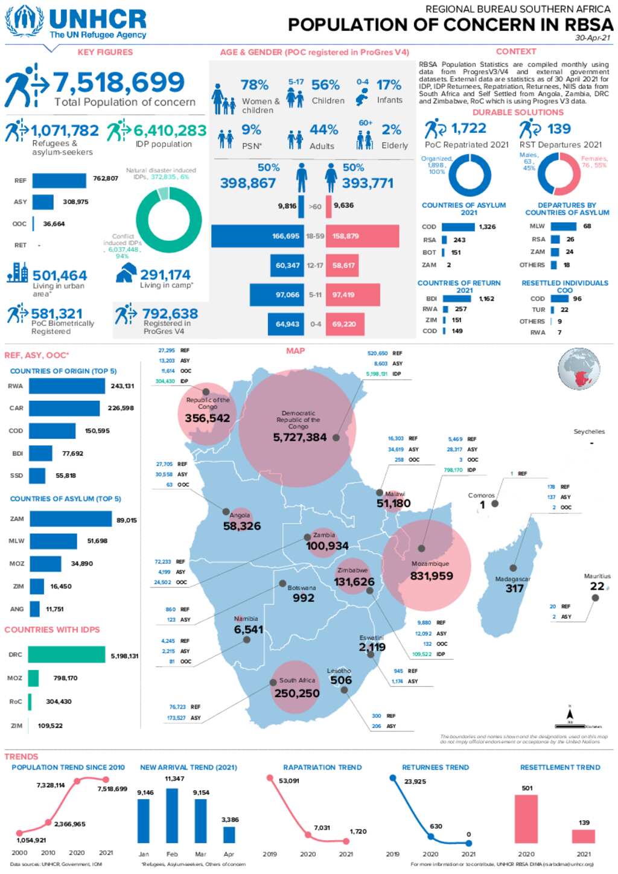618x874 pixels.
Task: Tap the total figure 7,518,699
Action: tap(119, 83)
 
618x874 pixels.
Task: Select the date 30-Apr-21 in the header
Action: tap(593, 37)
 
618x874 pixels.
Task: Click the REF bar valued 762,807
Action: tap(59, 180)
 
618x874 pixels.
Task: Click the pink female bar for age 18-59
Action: tap(362, 236)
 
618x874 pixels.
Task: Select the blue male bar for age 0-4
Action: tap(285, 324)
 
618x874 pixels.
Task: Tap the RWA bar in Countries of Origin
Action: tap(66, 386)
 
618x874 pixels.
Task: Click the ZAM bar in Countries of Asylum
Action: tap(70, 519)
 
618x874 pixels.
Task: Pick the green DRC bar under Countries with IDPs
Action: tap(66, 655)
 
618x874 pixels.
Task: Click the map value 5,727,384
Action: tap(299, 438)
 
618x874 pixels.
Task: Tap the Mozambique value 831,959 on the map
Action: tap(431, 576)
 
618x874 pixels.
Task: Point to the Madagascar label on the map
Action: tap(512, 579)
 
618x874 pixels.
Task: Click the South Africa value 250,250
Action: tap(296, 694)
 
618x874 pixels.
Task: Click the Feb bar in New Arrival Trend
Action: tap(172, 815)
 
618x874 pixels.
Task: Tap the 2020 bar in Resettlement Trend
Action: tap(526, 818)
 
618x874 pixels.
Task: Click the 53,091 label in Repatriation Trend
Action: tap(289, 781)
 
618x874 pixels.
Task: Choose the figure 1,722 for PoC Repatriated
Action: tap(468, 129)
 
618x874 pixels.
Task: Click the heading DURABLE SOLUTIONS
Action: tap(518, 112)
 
